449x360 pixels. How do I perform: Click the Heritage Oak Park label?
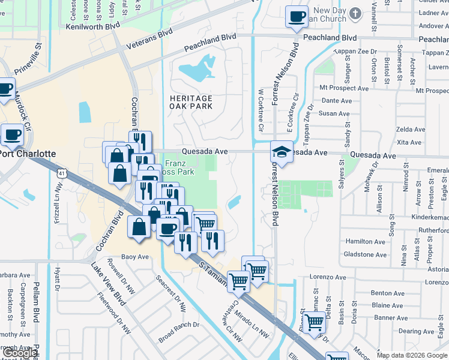tap(191, 102)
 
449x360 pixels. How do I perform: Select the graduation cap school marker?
tap(280, 152)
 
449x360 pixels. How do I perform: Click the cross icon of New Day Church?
tap(356, 13)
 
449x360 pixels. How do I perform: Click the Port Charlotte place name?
tap(28, 154)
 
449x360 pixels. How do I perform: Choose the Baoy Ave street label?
tap(134, 257)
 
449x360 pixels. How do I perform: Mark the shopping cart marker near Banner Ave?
tap(314, 323)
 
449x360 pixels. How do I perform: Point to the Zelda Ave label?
tap(411, 130)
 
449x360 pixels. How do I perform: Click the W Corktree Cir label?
tap(261, 110)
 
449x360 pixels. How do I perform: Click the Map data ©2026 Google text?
tap(412, 355)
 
